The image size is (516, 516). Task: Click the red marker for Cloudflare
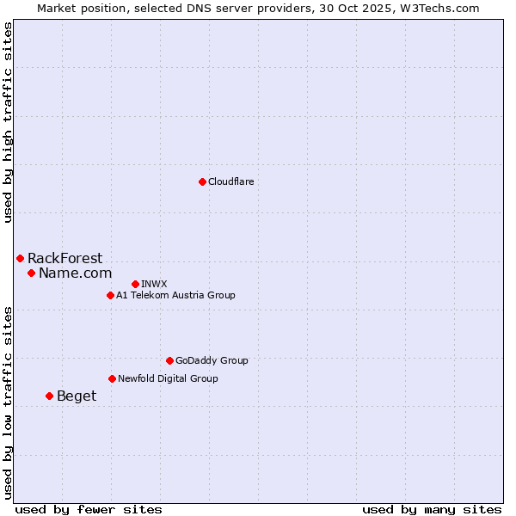tap(202, 181)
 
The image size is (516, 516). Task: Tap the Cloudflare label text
tap(230, 181)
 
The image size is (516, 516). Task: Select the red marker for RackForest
tap(20, 258)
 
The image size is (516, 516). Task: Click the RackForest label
tap(64, 258)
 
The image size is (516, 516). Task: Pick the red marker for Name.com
tap(31, 273)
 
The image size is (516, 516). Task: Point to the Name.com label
tap(75, 273)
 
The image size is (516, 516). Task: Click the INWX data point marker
tap(135, 284)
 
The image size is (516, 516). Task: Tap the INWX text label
tap(154, 284)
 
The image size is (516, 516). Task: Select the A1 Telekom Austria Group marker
tap(110, 295)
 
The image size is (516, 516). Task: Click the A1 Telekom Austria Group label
tap(175, 295)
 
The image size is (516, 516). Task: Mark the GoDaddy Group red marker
tap(169, 360)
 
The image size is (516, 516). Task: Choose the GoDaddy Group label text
tap(212, 360)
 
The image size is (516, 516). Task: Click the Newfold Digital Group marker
tap(112, 378)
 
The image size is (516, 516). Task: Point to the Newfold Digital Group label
tap(168, 378)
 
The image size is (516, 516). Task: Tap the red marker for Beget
tap(49, 396)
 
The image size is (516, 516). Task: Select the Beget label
tap(77, 396)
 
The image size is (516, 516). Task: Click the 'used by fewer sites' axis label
tap(89, 509)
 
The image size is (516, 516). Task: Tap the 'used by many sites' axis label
tap(432, 509)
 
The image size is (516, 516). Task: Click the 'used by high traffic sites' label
tap(8, 122)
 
